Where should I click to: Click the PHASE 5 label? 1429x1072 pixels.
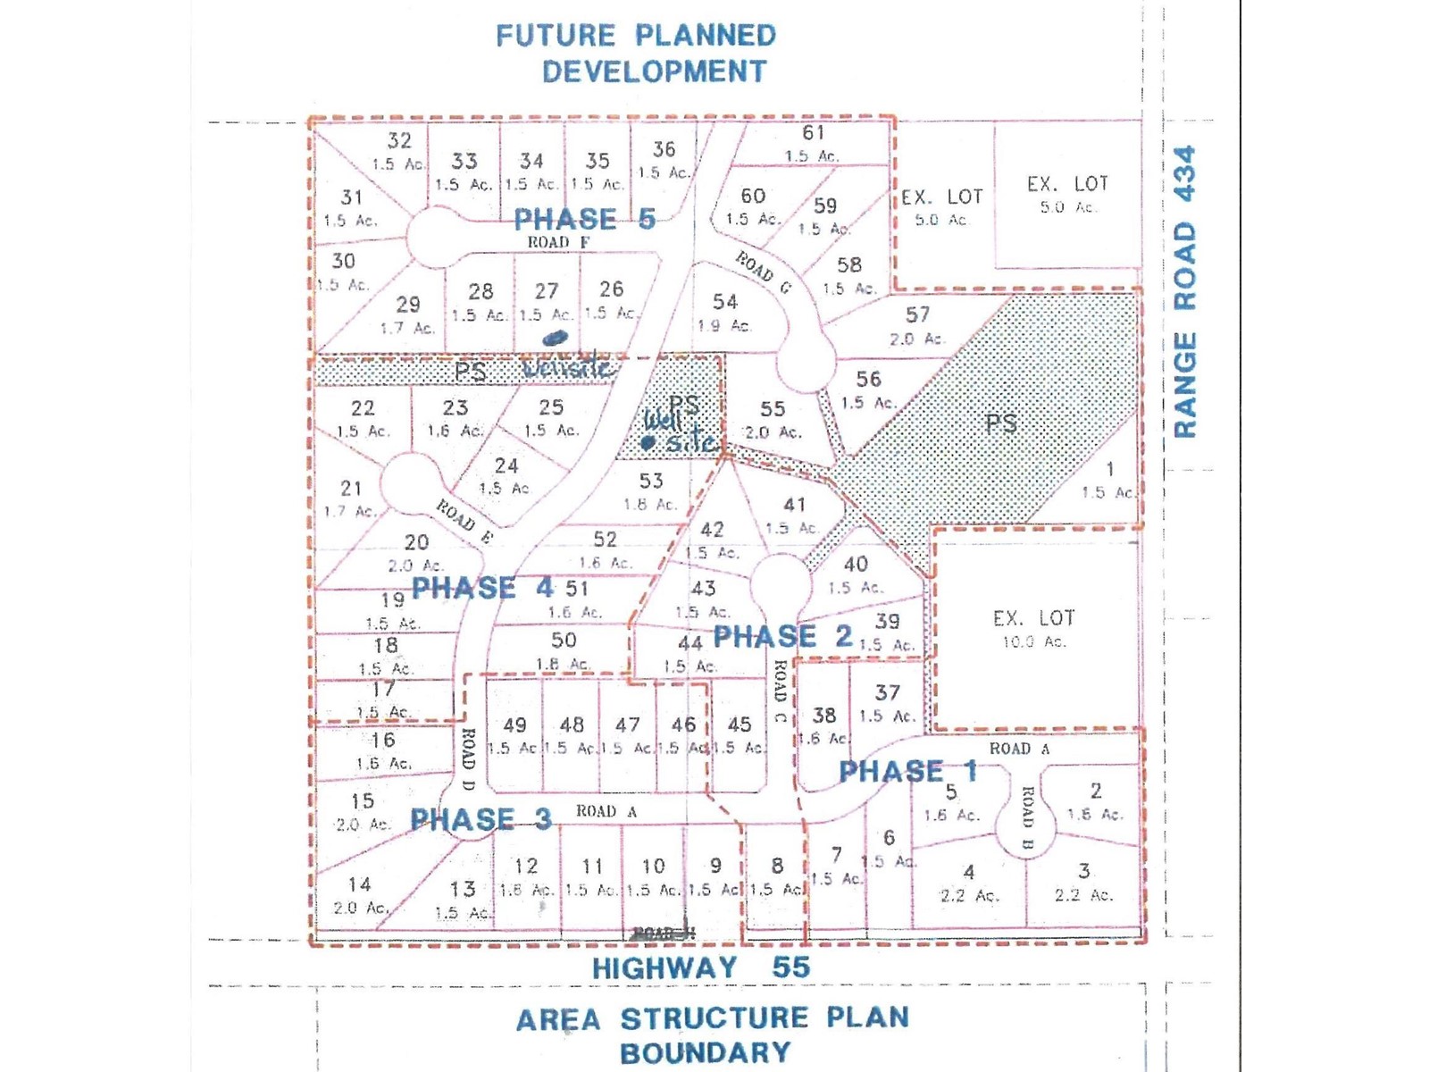point(584,219)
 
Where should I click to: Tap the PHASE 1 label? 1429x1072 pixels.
point(907,771)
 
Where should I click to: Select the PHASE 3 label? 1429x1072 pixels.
point(481,819)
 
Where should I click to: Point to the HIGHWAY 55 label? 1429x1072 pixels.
point(700,967)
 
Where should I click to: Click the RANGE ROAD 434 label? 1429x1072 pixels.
point(1184,291)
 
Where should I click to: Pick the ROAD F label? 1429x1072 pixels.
point(558,242)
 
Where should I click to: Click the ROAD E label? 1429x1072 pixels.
point(464,522)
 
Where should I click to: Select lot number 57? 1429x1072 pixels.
point(917,314)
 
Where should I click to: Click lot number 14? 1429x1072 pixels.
point(359,884)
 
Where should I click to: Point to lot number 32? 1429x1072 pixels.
point(399,140)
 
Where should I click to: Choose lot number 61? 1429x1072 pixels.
point(813,133)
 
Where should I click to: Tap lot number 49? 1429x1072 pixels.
point(514,724)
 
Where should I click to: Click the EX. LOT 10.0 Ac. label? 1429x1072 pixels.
point(1033,628)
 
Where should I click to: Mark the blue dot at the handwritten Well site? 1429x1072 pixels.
point(648,442)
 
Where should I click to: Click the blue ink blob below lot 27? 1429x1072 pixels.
point(555,339)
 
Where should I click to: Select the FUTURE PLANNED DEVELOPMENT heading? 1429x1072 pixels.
point(636,53)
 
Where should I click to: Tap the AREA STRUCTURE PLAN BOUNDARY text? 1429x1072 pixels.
point(712,1034)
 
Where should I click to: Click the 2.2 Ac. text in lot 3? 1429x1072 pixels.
point(1082,895)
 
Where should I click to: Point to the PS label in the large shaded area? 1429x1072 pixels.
point(1000,423)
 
